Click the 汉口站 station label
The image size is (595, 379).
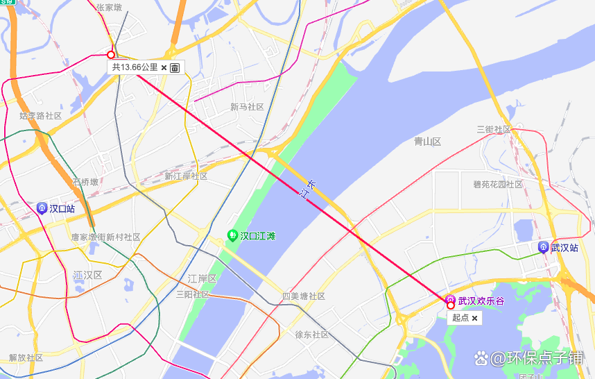point(62,208)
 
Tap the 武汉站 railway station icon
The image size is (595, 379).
point(544,247)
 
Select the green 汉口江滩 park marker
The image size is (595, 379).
point(232,236)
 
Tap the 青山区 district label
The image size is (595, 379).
point(427,142)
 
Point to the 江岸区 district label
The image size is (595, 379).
point(202,278)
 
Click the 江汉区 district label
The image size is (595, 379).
point(88,276)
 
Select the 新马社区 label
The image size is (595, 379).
point(248,107)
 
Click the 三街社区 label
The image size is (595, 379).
point(494,130)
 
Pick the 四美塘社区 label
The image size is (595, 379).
point(304,296)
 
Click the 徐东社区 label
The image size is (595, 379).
point(312,335)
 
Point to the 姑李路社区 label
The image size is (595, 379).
point(41,116)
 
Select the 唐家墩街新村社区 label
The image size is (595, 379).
point(105,237)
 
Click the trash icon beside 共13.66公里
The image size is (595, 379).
point(175,67)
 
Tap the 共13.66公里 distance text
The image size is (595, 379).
point(135,67)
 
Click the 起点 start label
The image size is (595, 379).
point(460,318)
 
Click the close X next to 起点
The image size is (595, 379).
point(475,318)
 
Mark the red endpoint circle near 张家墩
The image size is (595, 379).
point(111,54)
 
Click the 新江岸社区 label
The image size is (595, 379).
point(186,176)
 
